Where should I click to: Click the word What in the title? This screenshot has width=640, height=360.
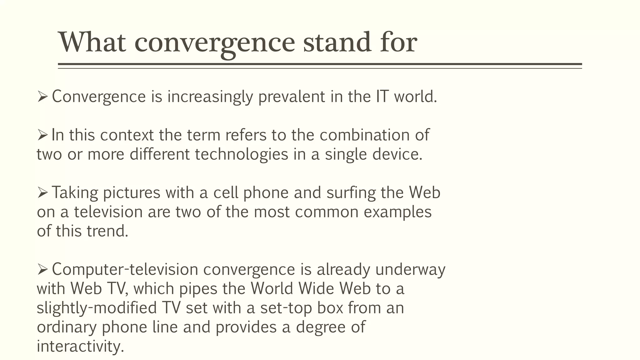92,42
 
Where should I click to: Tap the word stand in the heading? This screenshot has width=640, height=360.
337,42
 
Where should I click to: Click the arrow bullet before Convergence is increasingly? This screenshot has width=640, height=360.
42,96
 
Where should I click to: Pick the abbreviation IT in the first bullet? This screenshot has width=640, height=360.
382,96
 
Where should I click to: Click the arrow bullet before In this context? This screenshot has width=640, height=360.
42,135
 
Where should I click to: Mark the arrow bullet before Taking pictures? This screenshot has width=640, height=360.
42,192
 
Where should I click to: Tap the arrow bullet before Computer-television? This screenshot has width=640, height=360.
42,269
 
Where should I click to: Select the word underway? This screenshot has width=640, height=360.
410,270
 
